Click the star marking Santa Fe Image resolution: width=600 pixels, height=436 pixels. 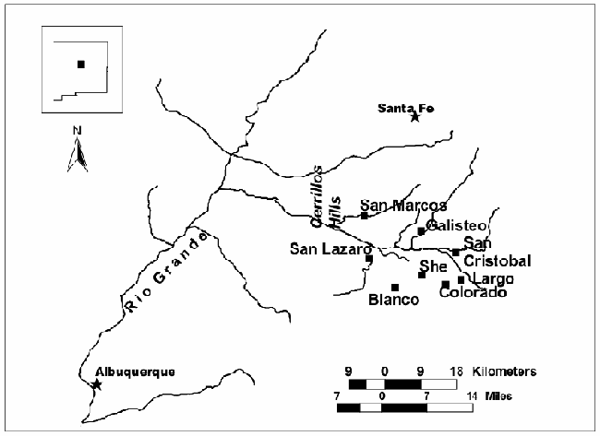pyautogui.click(x=415, y=117)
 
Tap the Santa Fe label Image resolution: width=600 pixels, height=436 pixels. pyautogui.click(x=406, y=108)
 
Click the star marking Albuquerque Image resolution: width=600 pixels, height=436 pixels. pyautogui.click(x=97, y=384)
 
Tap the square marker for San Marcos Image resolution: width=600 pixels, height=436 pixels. pyautogui.click(x=365, y=216)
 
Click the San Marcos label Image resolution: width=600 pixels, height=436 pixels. pyautogui.click(x=403, y=206)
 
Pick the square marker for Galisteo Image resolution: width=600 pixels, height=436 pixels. pyautogui.click(x=421, y=231)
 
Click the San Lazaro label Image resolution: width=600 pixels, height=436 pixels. pyautogui.click(x=330, y=248)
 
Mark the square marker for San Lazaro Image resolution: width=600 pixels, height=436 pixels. pyautogui.click(x=369, y=259)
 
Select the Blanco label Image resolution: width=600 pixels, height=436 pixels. pyautogui.click(x=393, y=300)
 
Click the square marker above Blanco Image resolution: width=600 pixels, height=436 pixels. pyautogui.click(x=395, y=287)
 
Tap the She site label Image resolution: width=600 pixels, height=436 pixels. pyautogui.click(x=433, y=265)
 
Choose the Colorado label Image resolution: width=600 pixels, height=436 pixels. pyautogui.click(x=473, y=293)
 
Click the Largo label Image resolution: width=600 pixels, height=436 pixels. pyautogui.click(x=491, y=278)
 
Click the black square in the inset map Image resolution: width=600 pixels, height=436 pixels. pyautogui.click(x=80, y=64)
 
